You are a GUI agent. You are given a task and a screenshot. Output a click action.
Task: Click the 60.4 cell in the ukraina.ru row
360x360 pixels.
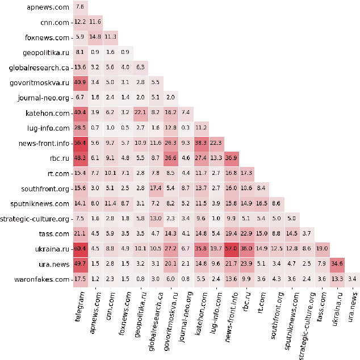(81, 248)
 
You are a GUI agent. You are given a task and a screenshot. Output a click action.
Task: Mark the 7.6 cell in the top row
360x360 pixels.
(81, 7)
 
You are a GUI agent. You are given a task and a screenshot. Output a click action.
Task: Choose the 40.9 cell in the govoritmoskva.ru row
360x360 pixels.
(81, 82)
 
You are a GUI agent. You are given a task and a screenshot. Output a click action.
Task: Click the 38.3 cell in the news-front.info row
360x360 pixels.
(202, 143)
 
